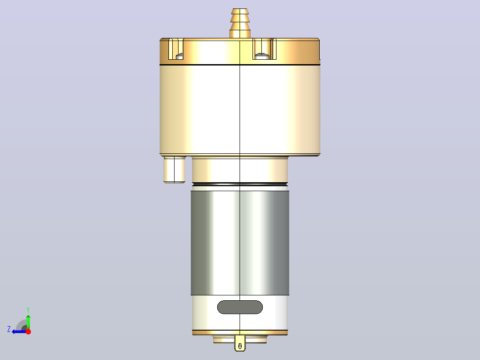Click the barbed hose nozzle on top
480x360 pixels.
pos(240,23)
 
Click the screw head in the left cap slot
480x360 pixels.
pos(180,57)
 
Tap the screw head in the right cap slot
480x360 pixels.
pos(262,56)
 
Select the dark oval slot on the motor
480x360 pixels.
pos(240,307)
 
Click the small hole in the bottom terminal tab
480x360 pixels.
pos(240,346)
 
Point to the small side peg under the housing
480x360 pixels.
pos(175,170)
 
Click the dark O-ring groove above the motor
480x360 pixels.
pos(240,184)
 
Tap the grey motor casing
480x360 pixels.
pos(240,243)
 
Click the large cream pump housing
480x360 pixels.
pos(240,110)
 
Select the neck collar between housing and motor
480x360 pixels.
pos(240,170)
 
